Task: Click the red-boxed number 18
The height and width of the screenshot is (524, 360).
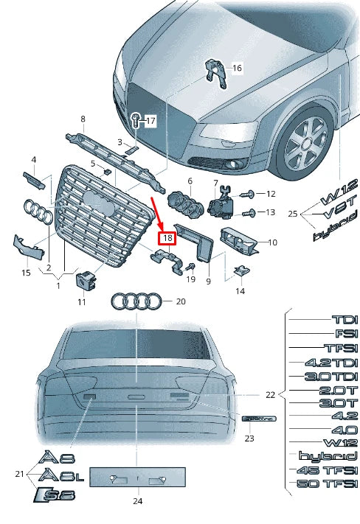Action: (x=167, y=237)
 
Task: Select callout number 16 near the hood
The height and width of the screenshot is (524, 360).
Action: (x=237, y=69)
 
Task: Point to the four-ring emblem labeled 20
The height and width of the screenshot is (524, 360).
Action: (x=136, y=301)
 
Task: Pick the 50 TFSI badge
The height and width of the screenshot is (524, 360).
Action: (x=328, y=483)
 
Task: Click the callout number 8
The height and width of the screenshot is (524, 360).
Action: (x=83, y=119)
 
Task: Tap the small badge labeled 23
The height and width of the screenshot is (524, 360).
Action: (x=258, y=418)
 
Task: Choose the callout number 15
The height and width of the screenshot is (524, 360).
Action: (x=26, y=273)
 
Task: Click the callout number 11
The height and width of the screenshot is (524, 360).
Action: (x=82, y=302)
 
